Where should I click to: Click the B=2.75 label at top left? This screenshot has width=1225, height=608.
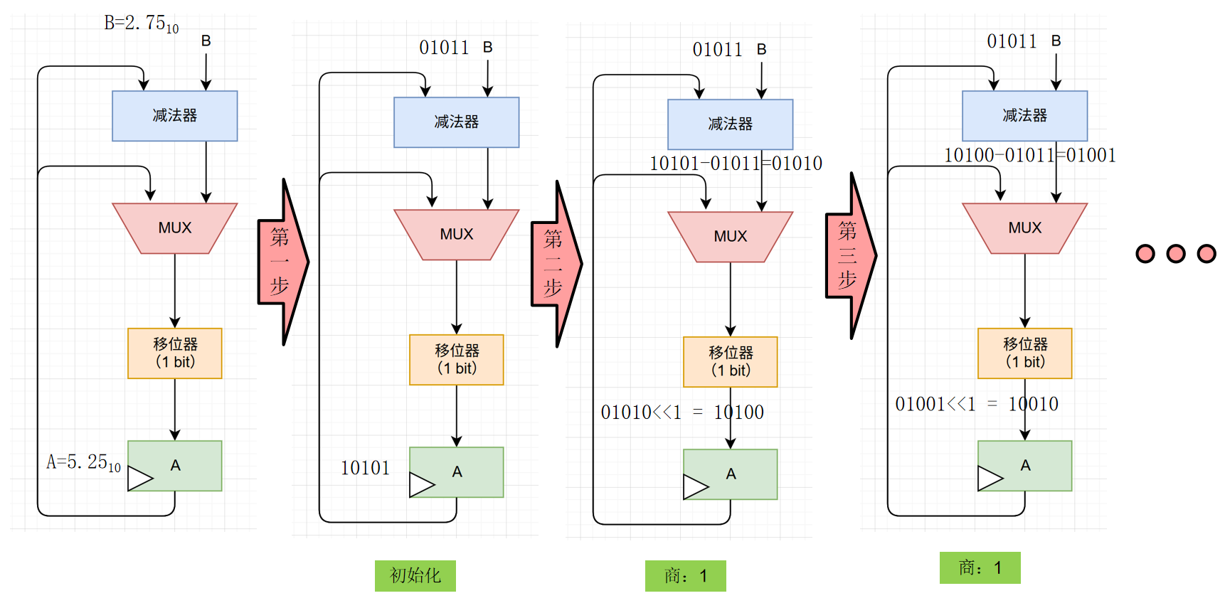(x=141, y=24)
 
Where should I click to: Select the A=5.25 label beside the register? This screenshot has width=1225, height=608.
(x=83, y=463)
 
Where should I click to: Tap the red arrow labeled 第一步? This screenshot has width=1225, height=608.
(x=282, y=262)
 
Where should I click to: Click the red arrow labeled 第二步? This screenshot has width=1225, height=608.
(x=556, y=264)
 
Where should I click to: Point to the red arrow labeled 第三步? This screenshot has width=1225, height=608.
(x=850, y=255)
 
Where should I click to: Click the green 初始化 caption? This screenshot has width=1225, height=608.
(x=415, y=575)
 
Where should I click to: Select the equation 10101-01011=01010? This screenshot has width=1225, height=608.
(x=736, y=164)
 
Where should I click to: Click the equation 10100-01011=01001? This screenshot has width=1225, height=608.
(x=1029, y=155)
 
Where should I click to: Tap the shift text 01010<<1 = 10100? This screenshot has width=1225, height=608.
(x=682, y=412)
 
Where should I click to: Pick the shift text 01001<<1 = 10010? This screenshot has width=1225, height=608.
(x=976, y=404)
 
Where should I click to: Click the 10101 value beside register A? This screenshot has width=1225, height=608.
(x=365, y=468)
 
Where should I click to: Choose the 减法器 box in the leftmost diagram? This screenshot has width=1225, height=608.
(x=174, y=116)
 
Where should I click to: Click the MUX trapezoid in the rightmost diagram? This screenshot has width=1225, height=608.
(x=1024, y=228)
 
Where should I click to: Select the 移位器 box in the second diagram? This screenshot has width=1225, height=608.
(x=456, y=359)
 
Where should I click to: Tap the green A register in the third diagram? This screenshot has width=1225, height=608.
(x=730, y=474)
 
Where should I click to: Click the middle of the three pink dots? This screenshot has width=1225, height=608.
(x=1175, y=254)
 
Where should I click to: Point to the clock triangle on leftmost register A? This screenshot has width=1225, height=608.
(x=139, y=479)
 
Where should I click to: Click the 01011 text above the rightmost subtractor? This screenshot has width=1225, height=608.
(x=1011, y=42)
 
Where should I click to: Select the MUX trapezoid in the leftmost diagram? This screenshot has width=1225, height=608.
(x=174, y=228)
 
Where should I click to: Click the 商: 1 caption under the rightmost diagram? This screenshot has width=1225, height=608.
(x=980, y=567)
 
